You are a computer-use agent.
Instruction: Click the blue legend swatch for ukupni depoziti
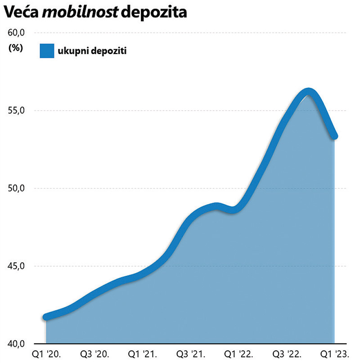tap(46, 51)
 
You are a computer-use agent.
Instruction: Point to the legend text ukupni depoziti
tap(91, 51)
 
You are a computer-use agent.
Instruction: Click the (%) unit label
tap(15, 49)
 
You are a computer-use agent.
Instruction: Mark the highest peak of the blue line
tap(308, 92)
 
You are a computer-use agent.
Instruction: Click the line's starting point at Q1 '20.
tap(46, 317)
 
